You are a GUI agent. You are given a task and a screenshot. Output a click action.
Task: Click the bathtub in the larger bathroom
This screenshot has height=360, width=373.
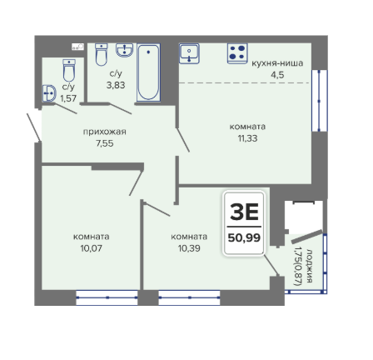148,72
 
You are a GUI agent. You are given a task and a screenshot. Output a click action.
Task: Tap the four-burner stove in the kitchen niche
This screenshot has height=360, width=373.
237,53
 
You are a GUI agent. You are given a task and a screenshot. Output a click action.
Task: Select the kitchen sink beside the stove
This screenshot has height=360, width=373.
189,53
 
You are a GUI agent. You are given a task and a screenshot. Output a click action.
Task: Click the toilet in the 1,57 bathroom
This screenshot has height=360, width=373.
69,70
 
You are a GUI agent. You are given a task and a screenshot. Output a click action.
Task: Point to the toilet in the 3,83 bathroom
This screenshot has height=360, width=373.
101,54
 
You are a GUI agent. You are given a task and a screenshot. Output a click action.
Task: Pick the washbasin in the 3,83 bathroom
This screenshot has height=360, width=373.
125,50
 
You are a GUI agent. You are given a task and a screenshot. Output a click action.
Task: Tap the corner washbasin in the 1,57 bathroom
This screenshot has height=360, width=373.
49,93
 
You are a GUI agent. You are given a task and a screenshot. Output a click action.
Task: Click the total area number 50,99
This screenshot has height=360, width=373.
244,237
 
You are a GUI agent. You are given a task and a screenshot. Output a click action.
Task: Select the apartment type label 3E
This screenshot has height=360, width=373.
244,212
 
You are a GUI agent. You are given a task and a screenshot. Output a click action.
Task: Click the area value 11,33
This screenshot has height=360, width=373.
247,138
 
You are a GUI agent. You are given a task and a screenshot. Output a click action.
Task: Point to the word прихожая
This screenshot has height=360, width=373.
105,132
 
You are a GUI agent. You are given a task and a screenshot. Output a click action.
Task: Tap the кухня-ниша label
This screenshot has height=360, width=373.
277,63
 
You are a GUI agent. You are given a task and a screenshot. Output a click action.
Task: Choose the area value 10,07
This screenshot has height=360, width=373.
92,248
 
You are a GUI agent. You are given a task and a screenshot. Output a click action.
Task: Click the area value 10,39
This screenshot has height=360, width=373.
189,248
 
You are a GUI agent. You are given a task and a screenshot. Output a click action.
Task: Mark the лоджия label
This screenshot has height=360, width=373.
309,266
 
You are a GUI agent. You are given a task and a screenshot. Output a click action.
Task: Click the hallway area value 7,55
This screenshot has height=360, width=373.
105,143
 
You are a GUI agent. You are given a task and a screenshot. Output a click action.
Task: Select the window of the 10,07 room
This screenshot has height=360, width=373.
107,297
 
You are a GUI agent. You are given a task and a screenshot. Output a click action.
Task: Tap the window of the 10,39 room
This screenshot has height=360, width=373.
189,297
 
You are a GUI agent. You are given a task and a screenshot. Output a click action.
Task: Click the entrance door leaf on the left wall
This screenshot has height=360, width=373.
34,127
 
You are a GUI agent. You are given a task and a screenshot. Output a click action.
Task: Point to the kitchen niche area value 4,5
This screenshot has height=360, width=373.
277,75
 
